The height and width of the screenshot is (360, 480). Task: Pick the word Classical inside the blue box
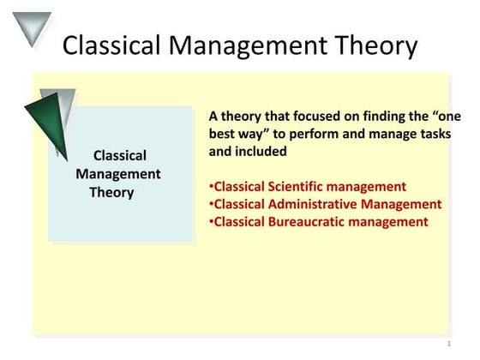pyautogui.click(x=119, y=155)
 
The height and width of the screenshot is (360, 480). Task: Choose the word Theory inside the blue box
pyautogui.click(x=112, y=192)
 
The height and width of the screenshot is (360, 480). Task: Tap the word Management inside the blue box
pyautogui.click(x=118, y=174)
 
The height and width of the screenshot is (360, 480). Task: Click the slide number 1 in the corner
pyautogui.click(x=448, y=344)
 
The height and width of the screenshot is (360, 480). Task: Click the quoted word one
pyautogui.click(x=437, y=115)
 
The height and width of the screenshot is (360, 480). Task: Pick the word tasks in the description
pyautogui.click(x=433, y=134)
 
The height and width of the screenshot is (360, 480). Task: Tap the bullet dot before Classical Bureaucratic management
pyautogui.click(x=211, y=223)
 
